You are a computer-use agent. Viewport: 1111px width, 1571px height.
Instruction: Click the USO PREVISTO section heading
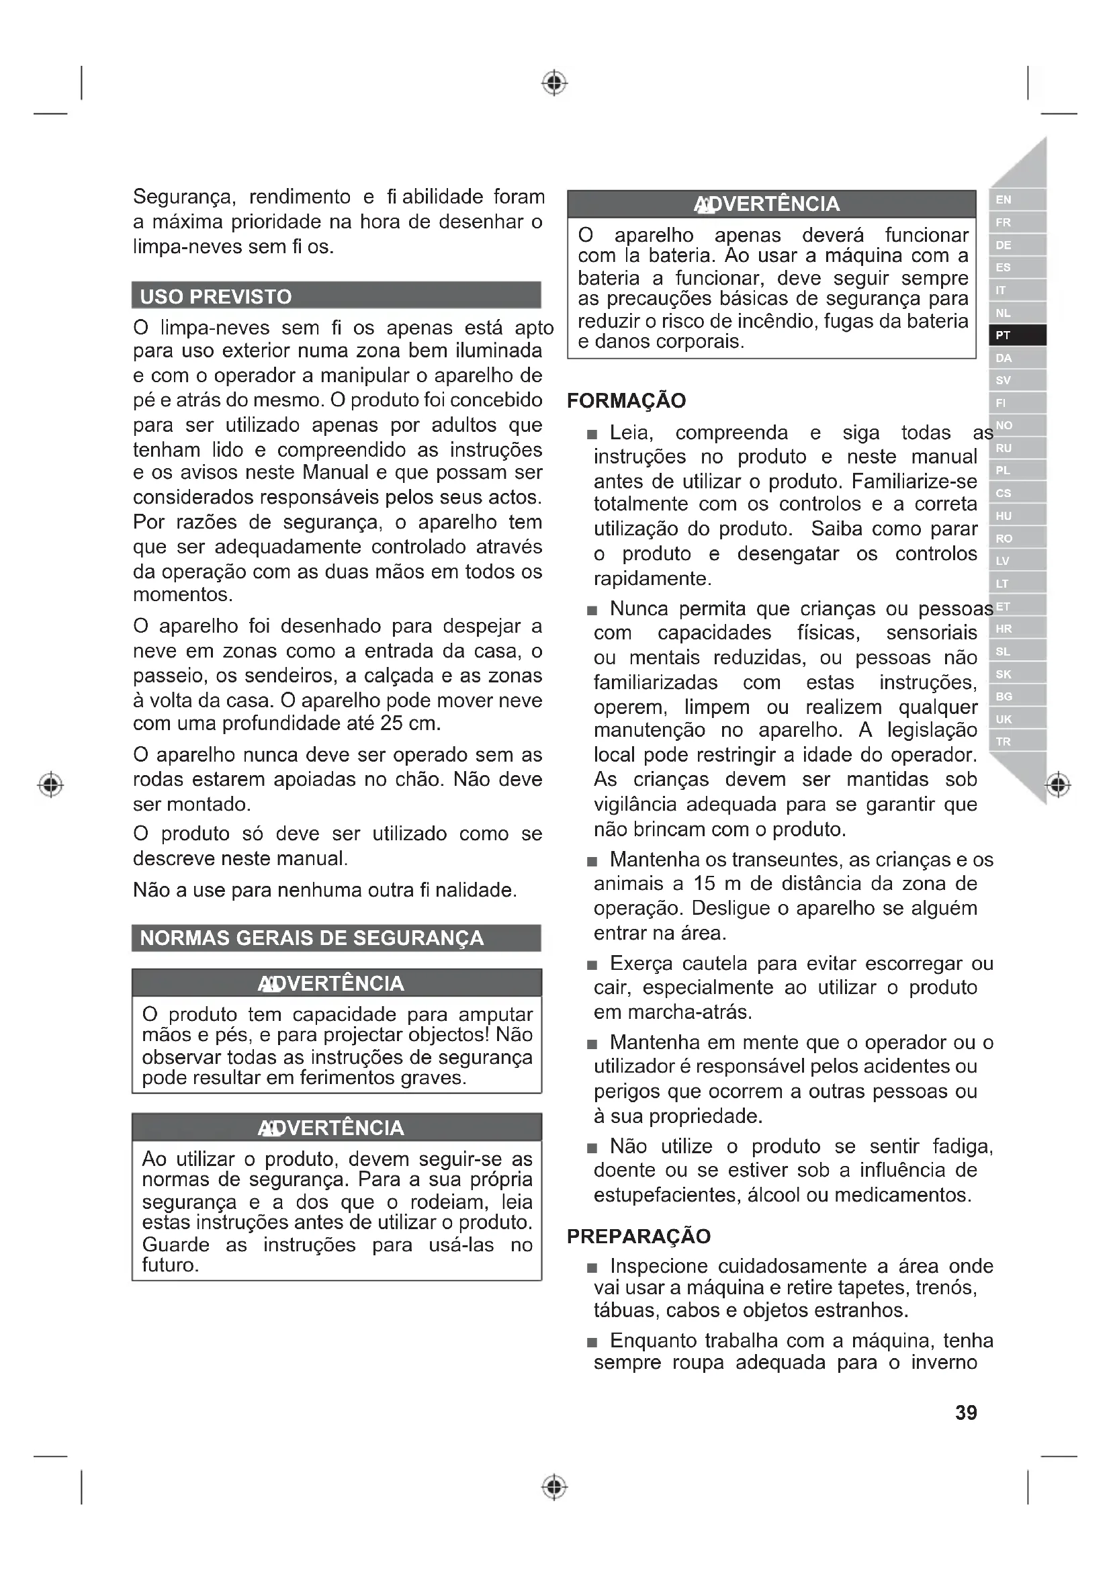click(x=216, y=296)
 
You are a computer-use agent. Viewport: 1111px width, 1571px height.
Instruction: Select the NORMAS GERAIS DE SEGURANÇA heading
click(x=311, y=938)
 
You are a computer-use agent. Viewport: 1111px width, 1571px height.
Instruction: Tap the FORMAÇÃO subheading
click(x=626, y=400)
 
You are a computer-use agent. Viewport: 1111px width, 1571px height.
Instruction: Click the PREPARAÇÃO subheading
click(x=638, y=1236)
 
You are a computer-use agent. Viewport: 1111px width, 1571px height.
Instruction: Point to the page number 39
click(x=966, y=1412)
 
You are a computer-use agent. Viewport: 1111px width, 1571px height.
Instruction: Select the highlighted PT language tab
click(x=1016, y=335)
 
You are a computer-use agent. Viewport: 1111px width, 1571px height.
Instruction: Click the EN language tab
click(x=1016, y=199)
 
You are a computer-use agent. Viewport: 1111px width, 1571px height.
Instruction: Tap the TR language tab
click(x=1016, y=742)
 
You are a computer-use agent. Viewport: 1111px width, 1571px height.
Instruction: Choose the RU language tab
click(x=1016, y=448)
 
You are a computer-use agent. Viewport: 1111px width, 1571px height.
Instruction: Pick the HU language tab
click(x=1016, y=516)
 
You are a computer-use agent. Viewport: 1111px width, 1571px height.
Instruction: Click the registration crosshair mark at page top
click(x=555, y=83)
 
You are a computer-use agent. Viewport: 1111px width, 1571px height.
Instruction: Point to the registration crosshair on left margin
click(x=50, y=784)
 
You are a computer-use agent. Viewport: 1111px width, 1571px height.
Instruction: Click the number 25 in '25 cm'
click(x=392, y=723)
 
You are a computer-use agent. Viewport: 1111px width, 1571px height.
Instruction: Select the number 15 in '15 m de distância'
click(x=704, y=883)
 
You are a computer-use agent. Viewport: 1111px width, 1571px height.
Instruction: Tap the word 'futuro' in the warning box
click(x=170, y=1265)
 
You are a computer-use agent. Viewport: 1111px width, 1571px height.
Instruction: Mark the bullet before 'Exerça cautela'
click(x=592, y=965)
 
